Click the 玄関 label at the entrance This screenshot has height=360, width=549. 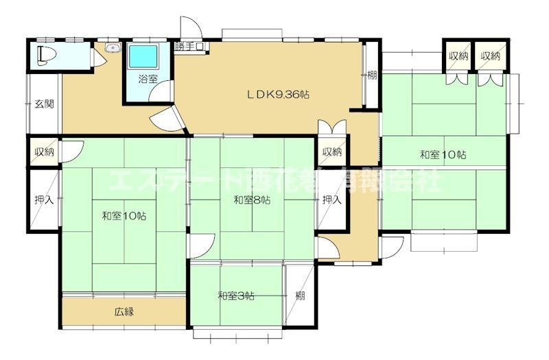[x=45, y=104]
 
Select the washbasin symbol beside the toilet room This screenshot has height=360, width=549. [x=113, y=49]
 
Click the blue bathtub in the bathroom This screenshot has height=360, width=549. [x=144, y=56]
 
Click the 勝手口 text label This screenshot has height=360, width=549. [x=189, y=47]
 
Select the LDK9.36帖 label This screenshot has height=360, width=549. [x=277, y=95]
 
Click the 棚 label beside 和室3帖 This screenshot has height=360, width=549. [x=301, y=296]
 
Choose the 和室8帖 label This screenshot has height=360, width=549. [x=251, y=200]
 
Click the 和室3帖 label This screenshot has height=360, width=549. [x=236, y=296]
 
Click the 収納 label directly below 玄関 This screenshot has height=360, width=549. [x=45, y=152]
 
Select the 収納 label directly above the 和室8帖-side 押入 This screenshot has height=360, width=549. [x=332, y=152]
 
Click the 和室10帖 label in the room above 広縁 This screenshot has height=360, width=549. [x=124, y=216]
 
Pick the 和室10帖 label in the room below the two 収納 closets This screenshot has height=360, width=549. [x=443, y=155]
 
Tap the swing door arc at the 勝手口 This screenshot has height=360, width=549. [x=191, y=27]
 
